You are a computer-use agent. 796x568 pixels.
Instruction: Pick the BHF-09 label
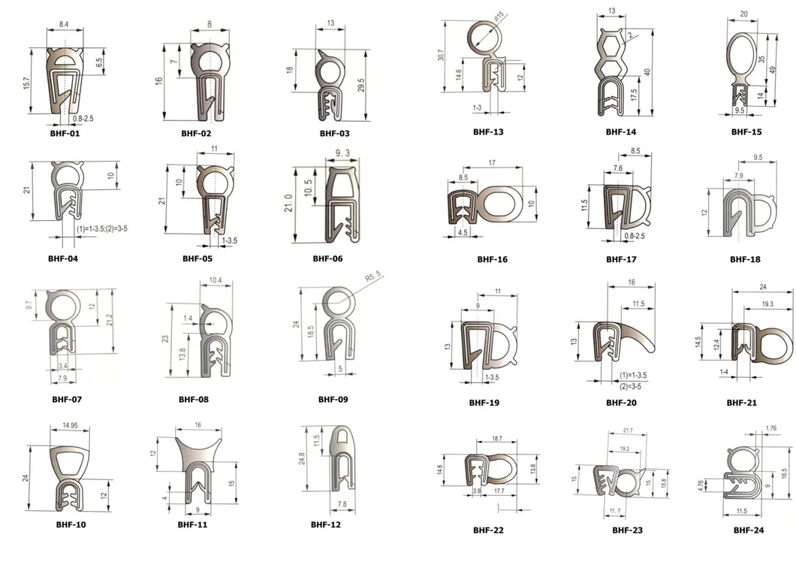(333, 400)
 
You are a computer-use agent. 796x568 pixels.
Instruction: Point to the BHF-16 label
(493, 260)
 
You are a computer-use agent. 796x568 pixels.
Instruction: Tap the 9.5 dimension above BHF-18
(757, 159)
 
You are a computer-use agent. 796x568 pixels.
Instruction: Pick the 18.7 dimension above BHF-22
(496, 437)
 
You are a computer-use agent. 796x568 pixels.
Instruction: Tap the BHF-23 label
(627, 530)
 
